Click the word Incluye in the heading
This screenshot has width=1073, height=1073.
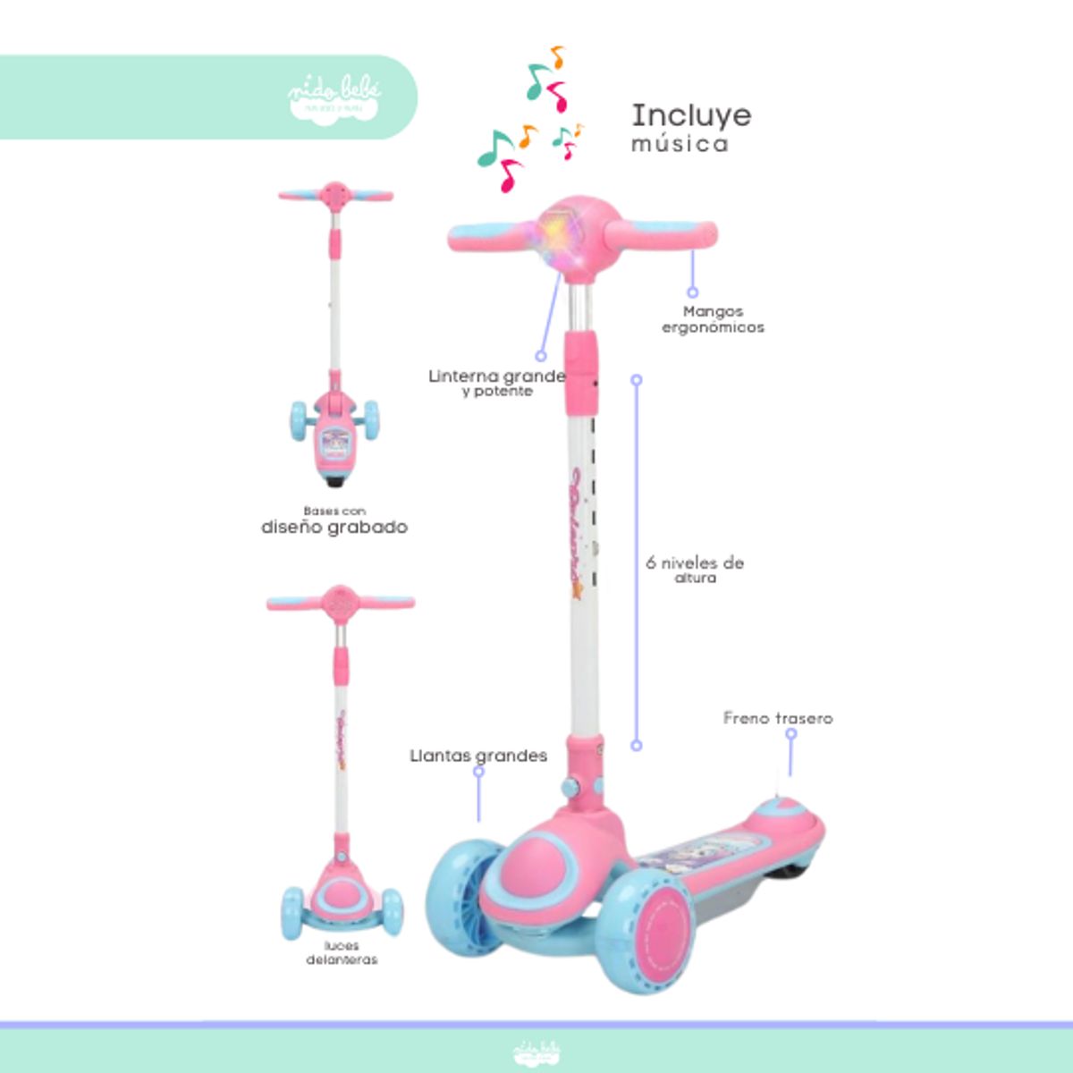tap(691, 115)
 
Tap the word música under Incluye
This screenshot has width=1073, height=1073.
tap(680, 144)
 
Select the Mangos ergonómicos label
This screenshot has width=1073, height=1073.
tap(713, 319)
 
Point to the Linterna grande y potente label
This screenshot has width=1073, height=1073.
tap(496, 383)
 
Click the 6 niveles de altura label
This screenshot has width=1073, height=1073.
tap(695, 570)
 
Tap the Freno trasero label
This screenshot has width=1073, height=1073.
tap(778, 718)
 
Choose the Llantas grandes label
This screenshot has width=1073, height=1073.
tap(478, 756)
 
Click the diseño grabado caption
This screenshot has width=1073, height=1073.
tap(334, 527)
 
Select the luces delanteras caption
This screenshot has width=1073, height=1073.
tap(342, 952)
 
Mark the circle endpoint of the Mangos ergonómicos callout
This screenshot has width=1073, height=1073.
tap(692, 291)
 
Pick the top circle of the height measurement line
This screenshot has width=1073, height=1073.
tap(637, 380)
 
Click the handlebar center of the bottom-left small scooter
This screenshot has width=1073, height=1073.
tap(340, 602)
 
